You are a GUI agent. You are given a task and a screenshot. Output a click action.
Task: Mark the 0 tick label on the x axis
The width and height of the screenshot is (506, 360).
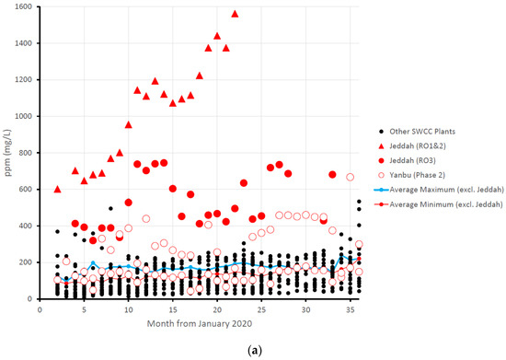[40, 310]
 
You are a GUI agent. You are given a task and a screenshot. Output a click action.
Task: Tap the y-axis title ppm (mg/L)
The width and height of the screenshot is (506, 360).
[8, 152]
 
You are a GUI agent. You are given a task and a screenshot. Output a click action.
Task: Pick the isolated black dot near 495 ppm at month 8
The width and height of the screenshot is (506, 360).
[110, 208]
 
